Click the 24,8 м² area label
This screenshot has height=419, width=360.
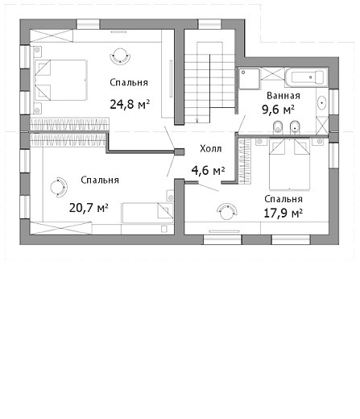pyautogui.click(x=130, y=104)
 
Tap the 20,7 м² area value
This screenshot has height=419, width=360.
pyautogui.click(x=89, y=208)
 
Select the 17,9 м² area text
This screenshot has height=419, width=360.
pyautogui.click(x=283, y=214)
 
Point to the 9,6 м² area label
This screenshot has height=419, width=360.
pyautogui.click(x=278, y=110)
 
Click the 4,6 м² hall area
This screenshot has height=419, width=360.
pyautogui.click(x=208, y=170)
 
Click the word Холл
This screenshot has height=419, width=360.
pyautogui.click(x=211, y=148)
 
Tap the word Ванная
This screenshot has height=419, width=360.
pyautogui.click(x=283, y=96)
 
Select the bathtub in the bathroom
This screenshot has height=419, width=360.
pyautogui.click(x=307, y=77)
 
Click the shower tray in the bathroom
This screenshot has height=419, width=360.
pyautogui.click(x=250, y=78)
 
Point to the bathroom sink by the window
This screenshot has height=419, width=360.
pyautogui.click(x=322, y=103)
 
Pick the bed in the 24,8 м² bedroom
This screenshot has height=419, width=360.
pyautogui.click(x=60, y=80)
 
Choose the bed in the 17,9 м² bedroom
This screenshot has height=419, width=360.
pyautogui.click(x=290, y=164)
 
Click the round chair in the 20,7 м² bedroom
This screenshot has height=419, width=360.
pyautogui.click(x=58, y=187)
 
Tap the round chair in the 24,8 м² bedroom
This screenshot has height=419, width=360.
pyautogui.click(x=120, y=56)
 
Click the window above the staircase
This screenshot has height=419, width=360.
pyautogui.click(x=209, y=24)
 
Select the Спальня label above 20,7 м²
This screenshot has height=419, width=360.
pyautogui.click(x=100, y=180)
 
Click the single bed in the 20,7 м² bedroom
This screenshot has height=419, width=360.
pyautogui.click(x=147, y=213)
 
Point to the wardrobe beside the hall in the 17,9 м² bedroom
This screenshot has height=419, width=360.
pyautogui.click(x=245, y=161)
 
